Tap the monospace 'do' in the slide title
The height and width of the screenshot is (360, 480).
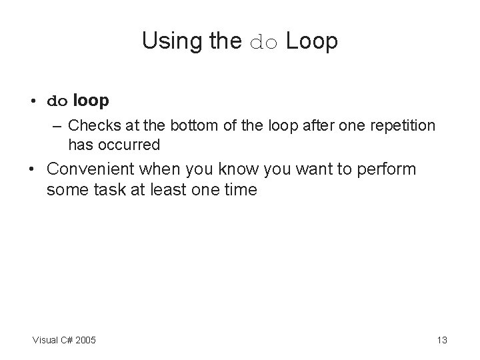click(x=265, y=43)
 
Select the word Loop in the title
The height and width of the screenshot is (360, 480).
click(x=312, y=42)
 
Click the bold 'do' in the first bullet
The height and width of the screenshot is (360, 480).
click(x=57, y=102)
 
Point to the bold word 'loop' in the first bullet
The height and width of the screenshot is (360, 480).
click(x=91, y=101)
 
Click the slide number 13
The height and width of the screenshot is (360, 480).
click(x=441, y=341)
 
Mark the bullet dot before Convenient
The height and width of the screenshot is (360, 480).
click(x=33, y=170)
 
